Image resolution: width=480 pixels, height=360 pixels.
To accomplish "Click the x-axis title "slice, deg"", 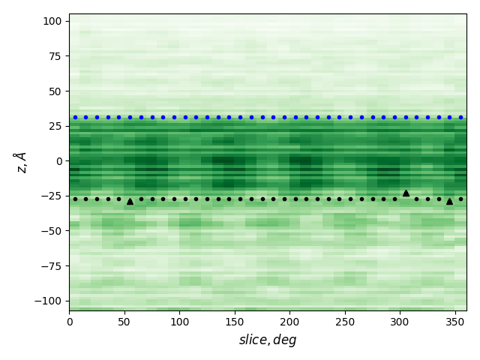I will [268, 340].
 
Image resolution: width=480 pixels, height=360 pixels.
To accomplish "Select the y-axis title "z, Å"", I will [20, 162].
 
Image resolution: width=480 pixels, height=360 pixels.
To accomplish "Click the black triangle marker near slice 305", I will [406, 193].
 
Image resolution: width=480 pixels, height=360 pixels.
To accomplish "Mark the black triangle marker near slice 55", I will [130, 201].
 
